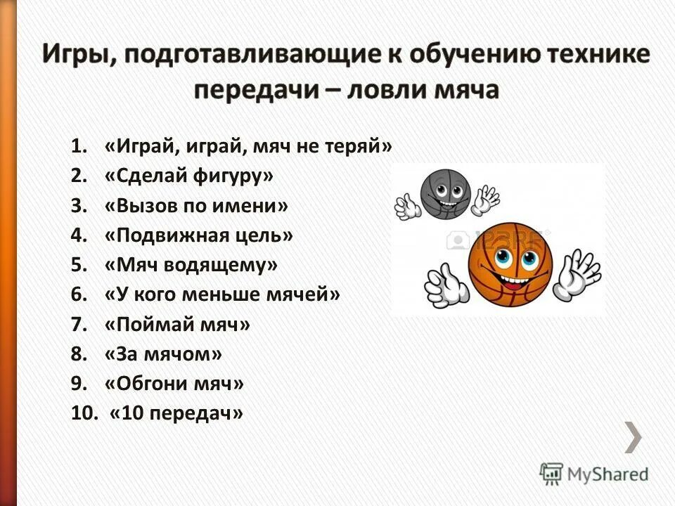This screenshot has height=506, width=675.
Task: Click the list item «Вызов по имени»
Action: click(x=196, y=206)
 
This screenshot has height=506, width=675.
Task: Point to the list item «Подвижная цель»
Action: click(x=198, y=235)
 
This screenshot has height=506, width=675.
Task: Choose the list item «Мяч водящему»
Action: click(x=191, y=265)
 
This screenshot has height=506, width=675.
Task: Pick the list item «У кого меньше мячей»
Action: click(x=221, y=294)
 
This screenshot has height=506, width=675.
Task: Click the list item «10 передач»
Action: click(x=176, y=414)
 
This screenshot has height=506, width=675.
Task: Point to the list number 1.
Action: click(x=78, y=146)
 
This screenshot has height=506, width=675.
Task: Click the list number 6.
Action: click(x=78, y=294)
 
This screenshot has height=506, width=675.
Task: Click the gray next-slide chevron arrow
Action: click(x=634, y=437)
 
